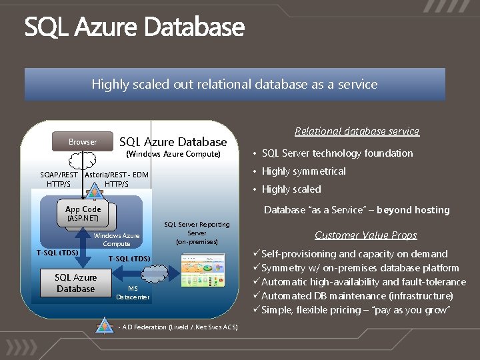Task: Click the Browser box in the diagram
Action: (x=83, y=141)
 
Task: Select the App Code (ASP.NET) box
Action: (x=83, y=213)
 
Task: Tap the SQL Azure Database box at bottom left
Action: (x=75, y=283)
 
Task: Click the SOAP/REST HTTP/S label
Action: (x=59, y=179)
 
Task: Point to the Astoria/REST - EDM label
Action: (x=117, y=175)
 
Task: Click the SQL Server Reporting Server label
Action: (x=197, y=233)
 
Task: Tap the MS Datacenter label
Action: (x=133, y=292)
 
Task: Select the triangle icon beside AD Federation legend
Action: (x=103, y=326)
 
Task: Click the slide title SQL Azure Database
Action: (x=135, y=28)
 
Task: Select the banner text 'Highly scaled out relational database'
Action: (x=234, y=85)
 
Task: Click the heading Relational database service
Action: (x=357, y=131)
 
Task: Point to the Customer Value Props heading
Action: (x=365, y=235)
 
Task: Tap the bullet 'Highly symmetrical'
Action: (x=303, y=171)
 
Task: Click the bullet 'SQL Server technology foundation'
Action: (x=337, y=153)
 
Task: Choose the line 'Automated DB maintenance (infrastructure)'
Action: (x=357, y=296)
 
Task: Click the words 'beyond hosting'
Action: (x=413, y=210)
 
